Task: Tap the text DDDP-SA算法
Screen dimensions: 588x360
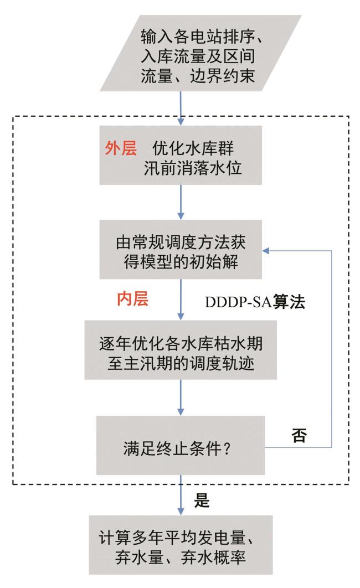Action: coord(255,303)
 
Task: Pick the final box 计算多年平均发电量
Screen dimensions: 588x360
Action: coord(180,545)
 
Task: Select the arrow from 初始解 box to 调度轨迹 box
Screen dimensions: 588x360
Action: coord(180,300)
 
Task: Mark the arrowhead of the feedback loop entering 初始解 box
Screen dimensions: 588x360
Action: coord(266,251)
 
